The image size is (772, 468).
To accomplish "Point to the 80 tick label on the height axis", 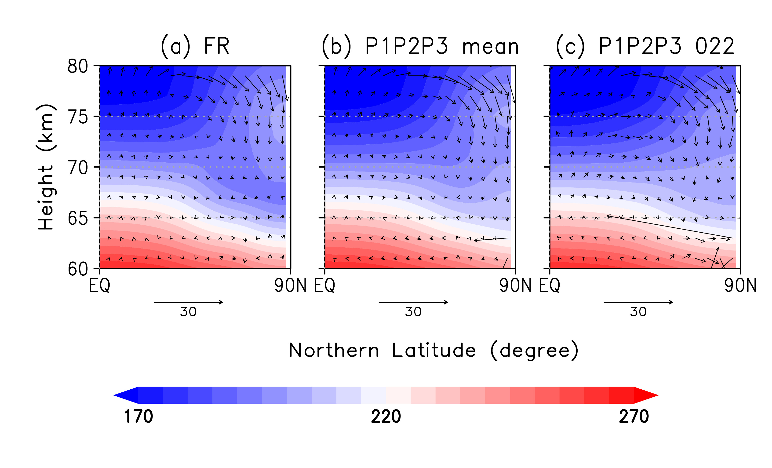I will tap(78, 66).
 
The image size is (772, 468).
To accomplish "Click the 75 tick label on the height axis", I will tap(78, 117).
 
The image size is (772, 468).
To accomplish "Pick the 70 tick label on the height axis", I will tap(78, 168).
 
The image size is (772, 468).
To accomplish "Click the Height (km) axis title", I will tap(46, 167).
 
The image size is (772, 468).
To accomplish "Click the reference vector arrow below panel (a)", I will tap(188, 302).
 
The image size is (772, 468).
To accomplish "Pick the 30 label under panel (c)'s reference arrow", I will tap(638, 312).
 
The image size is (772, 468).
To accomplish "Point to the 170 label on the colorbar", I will tap(138, 417).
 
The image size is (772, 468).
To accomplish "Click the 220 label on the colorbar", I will tap(386, 417).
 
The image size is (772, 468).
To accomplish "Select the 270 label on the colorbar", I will tap(634, 417).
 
